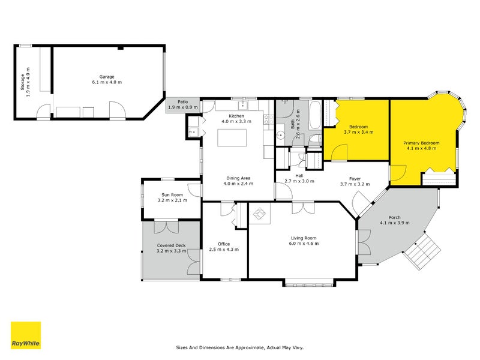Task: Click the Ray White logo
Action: click(x=26, y=335)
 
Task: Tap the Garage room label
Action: click(x=107, y=77)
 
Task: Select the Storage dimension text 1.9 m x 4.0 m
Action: click(x=28, y=82)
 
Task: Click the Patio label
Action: click(x=183, y=102)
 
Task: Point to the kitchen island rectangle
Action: click(x=232, y=138)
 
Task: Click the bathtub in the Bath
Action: click(x=315, y=116)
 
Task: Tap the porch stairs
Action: click(x=422, y=250)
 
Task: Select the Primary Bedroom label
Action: click(x=422, y=143)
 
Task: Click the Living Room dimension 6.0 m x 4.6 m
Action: click(x=304, y=244)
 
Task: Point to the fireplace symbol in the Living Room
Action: click(x=260, y=214)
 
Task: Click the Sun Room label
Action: click(x=172, y=194)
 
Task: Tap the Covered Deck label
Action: click(x=172, y=245)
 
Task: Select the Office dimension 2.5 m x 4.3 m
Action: click(x=224, y=250)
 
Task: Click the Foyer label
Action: click(x=355, y=179)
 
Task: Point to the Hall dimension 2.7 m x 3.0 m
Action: click(x=299, y=181)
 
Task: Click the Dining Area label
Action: click(x=238, y=178)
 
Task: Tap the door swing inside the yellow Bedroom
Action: click(x=339, y=152)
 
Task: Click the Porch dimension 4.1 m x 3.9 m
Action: click(x=395, y=223)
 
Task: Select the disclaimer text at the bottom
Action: click(x=240, y=348)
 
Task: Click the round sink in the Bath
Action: click(x=280, y=135)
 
